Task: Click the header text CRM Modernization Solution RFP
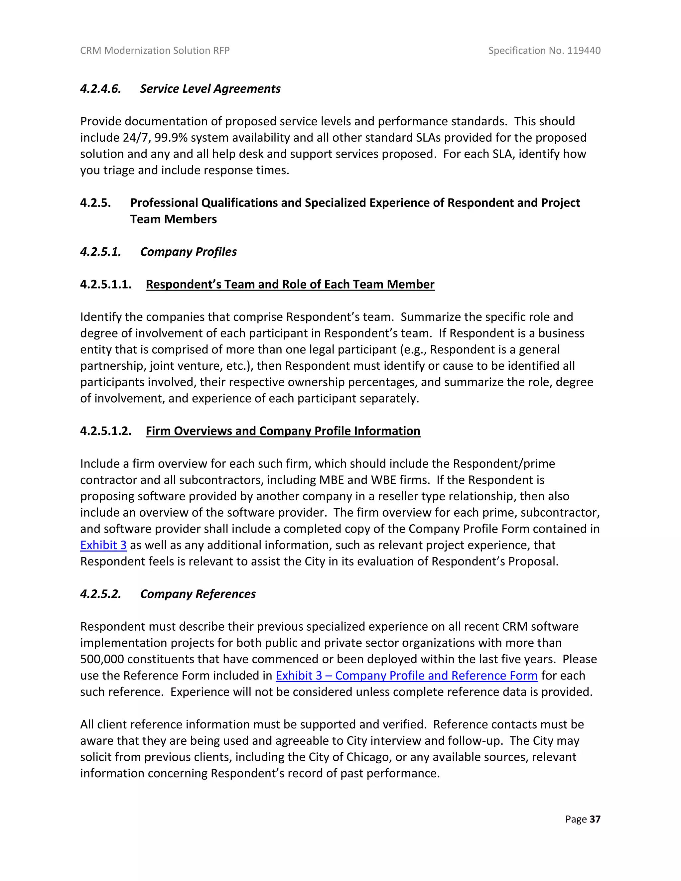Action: coord(155,51)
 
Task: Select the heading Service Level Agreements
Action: coord(210,89)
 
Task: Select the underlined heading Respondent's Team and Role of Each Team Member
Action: coord(290,284)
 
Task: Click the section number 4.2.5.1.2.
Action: coord(106,431)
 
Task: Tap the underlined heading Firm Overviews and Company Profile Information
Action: coord(283,431)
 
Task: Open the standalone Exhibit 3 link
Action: coord(103,545)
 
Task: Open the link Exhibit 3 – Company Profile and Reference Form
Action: coord(406,675)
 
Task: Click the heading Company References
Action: coord(198,594)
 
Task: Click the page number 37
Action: coord(595,819)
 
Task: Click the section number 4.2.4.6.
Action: coord(100,89)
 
